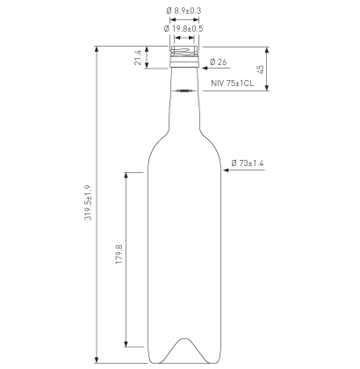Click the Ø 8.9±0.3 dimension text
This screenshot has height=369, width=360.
[183, 11]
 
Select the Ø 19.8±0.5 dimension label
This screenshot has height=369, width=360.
[183, 28]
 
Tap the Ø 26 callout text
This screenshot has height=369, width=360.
[219, 61]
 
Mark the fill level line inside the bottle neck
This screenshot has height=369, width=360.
[184, 90]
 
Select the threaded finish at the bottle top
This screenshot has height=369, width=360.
[184, 55]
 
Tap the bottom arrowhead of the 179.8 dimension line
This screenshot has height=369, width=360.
[128, 345]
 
